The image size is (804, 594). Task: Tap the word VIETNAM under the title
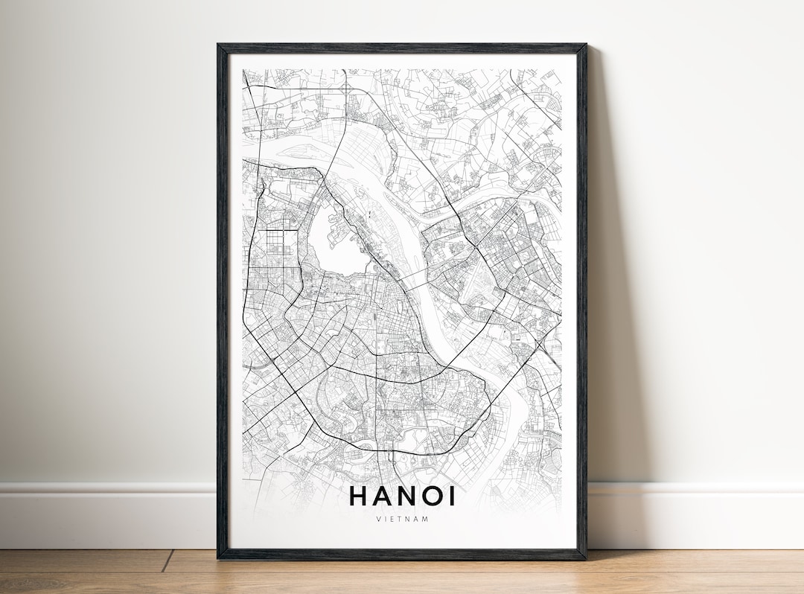click(x=402, y=519)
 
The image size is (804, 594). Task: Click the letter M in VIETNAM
click(x=427, y=519)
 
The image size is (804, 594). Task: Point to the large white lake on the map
click(x=335, y=238)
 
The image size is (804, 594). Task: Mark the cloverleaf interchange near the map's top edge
click(x=347, y=87)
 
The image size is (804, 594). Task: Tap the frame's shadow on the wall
click(x=607, y=298)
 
